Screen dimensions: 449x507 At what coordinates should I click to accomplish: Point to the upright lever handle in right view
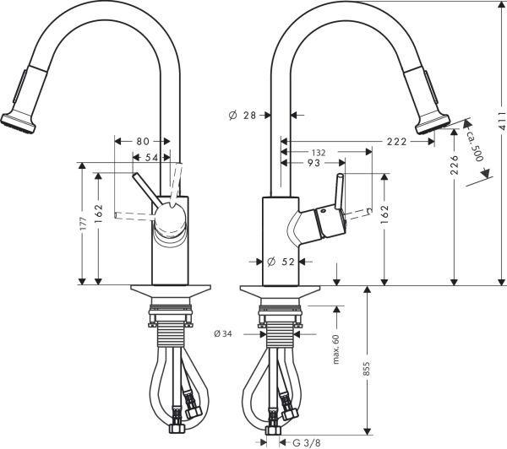[x=340, y=193]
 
